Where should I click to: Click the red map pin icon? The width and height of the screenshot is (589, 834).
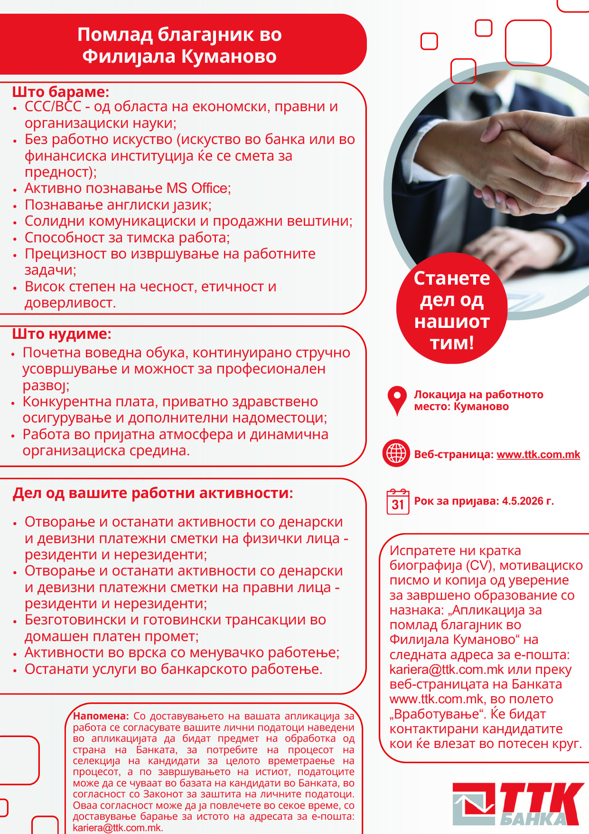(x=397, y=400)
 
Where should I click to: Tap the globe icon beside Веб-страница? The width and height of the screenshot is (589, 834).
(x=396, y=453)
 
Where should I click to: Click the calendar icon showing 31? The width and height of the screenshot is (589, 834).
(x=398, y=502)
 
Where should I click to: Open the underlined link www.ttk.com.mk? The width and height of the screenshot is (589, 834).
(x=538, y=454)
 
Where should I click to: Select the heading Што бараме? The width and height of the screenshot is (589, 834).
(x=61, y=91)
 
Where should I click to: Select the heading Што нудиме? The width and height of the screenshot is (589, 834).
(x=62, y=334)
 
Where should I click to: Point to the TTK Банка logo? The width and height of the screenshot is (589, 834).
(x=518, y=804)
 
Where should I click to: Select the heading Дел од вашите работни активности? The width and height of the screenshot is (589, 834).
(x=153, y=493)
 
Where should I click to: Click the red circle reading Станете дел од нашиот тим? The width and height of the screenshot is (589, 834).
(x=451, y=309)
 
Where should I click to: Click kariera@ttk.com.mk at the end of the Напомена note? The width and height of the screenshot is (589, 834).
(x=117, y=827)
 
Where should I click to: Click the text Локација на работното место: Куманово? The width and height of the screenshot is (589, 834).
(x=478, y=400)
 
